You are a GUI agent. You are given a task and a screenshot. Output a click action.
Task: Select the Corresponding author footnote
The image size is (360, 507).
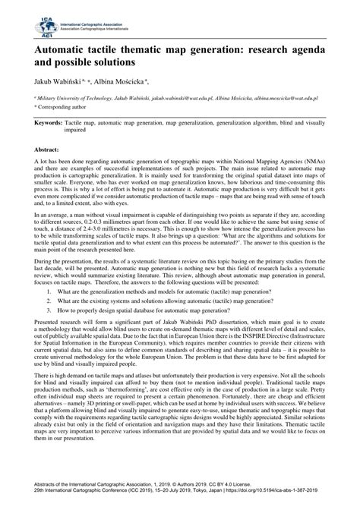(x=64, y=109)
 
